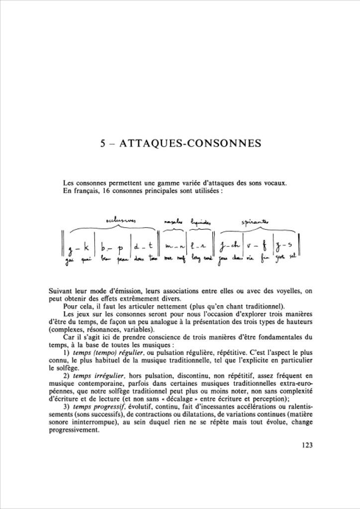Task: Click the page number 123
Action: tap(307, 445)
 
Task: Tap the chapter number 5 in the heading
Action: tap(102, 144)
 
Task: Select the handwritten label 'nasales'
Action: tap(173, 220)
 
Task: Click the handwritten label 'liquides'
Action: tap(197, 219)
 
